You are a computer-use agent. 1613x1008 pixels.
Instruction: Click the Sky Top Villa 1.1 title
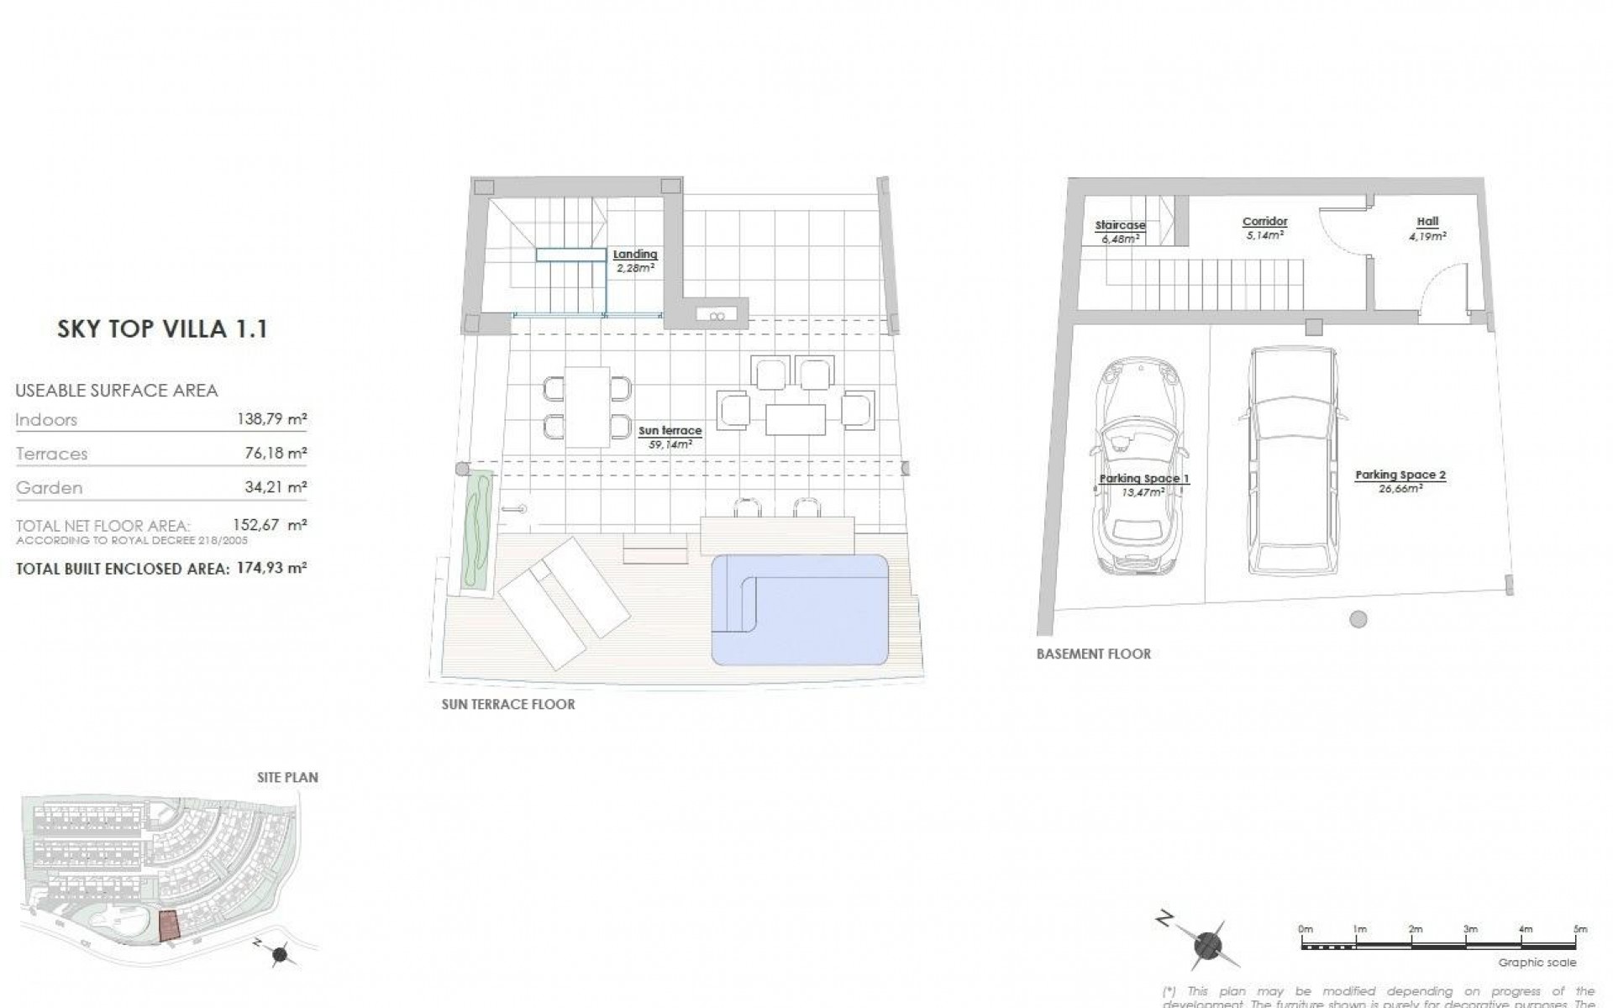[x=162, y=328]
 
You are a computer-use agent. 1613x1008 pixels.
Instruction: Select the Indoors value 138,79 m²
[x=271, y=419]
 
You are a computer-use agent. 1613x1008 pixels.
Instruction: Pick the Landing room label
[x=634, y=255]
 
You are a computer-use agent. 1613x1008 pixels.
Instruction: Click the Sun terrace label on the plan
[x=670, y=431]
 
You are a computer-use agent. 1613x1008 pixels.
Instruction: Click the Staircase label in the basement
[x=1120, y=226]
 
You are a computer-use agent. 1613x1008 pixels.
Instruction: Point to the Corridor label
[x=1264, y=222]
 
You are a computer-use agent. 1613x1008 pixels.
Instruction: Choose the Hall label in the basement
[x=1427, y=222]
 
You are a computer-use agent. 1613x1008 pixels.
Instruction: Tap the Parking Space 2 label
[x=1400, y=475]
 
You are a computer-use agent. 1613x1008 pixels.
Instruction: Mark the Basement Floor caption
[x=1093, y=654]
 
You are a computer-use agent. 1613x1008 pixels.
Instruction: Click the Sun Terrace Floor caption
[x=508, y=705]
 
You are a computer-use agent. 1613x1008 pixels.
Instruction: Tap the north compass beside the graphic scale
[x=1206, y=945]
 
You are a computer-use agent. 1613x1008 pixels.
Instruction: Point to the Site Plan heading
[x=287, y=778]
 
